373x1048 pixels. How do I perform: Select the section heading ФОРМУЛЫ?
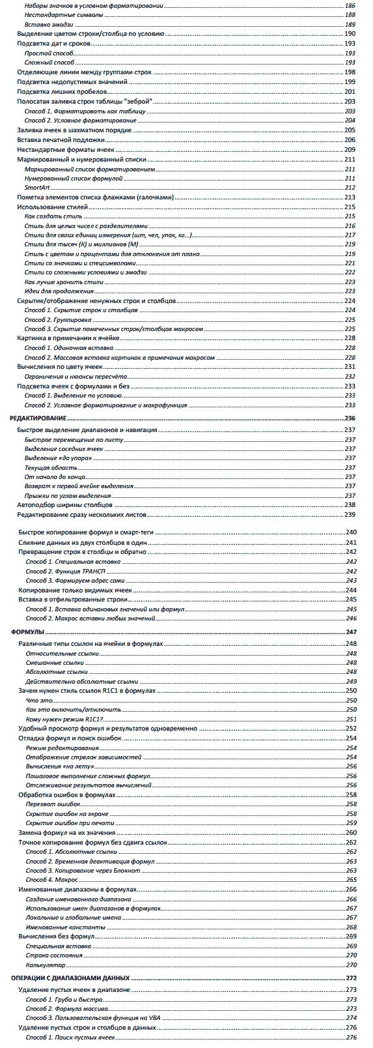(27, 632)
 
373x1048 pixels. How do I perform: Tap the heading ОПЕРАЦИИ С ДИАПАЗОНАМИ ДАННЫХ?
(70, 978)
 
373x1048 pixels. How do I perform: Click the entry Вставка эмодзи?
(49, 24)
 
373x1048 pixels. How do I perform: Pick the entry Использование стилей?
(53, 207)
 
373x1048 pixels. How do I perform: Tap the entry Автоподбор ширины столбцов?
(64, 504)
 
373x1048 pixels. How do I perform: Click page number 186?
(350, 5)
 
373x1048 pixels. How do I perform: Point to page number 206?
(350, 139)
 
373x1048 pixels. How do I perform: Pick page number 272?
(351, 978)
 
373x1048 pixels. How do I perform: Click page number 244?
(351, 590)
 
